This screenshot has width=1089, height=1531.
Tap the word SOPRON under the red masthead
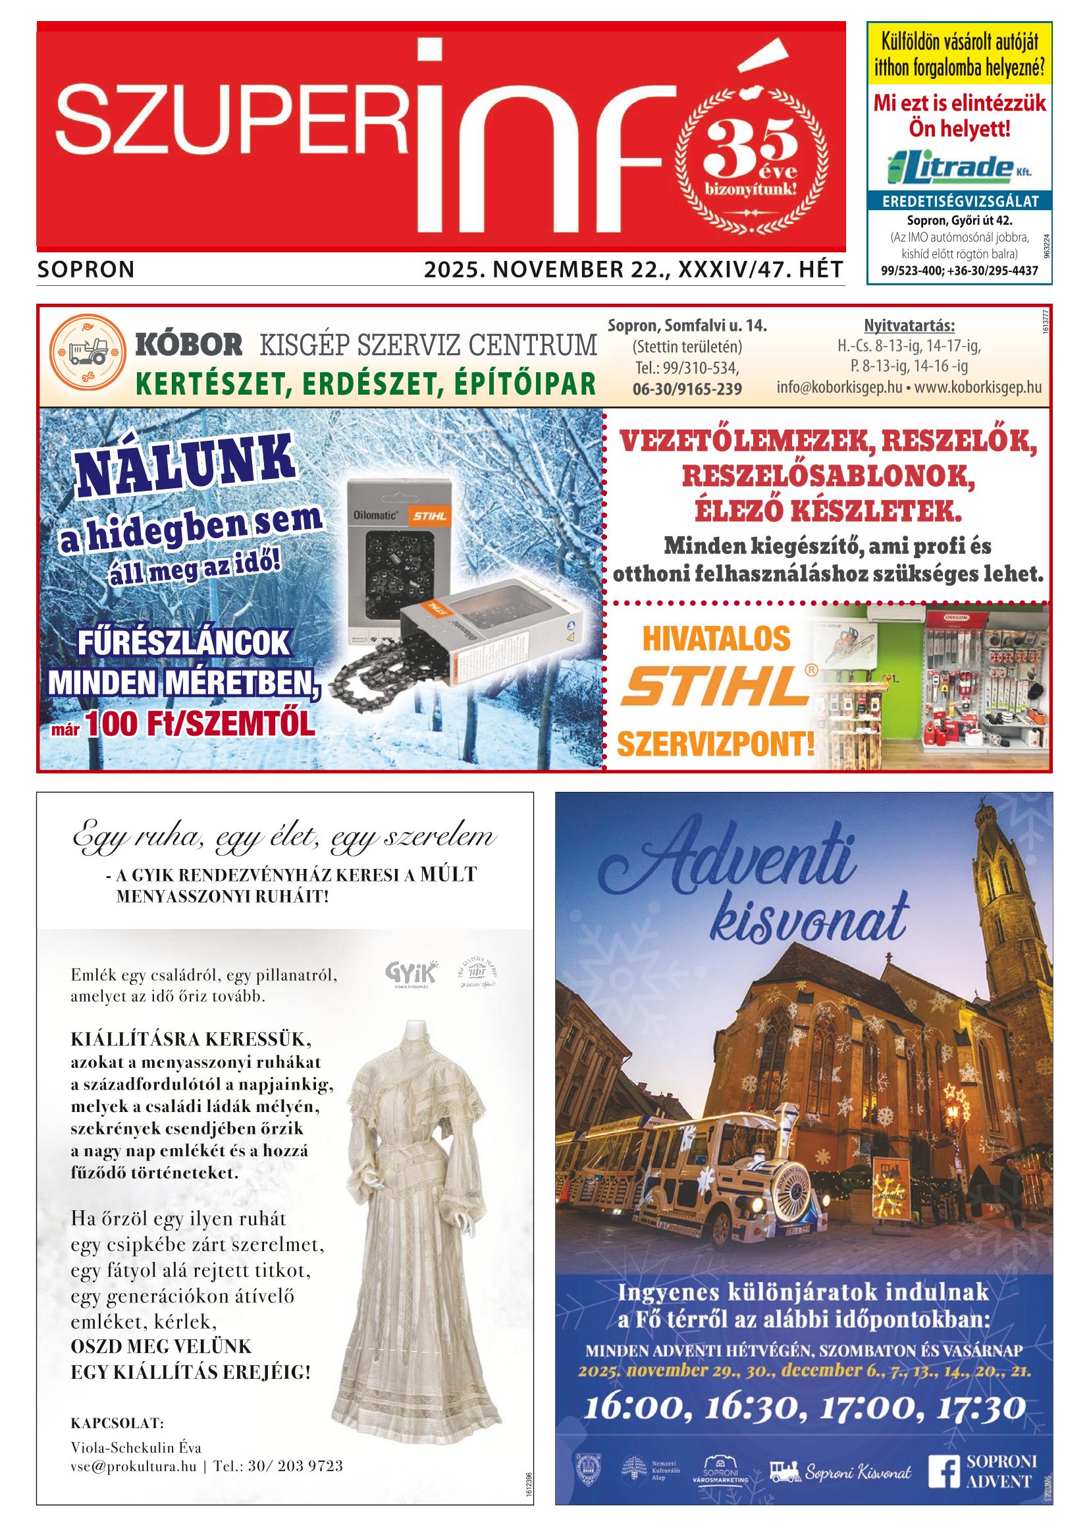[86, 269]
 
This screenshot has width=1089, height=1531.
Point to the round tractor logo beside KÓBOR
[88, 351]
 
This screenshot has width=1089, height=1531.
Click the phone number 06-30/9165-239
[687, 389]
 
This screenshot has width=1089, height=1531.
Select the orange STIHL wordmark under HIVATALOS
[715, 686]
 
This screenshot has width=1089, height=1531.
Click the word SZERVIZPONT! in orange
[716, 743]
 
